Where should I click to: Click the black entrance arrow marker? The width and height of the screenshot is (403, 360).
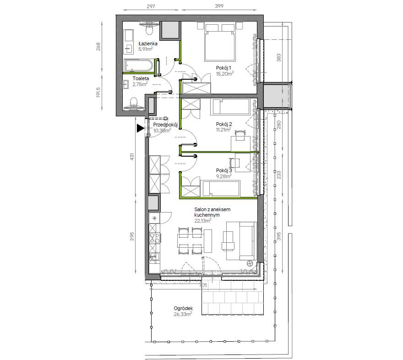pyautogui.click(x=140, y=128)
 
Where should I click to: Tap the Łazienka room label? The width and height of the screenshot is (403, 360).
pyautogui.click(x=148, y=44)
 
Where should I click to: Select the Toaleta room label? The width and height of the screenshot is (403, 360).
pyautogui.click(x=141, y=78)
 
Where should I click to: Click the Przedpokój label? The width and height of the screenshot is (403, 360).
pyautogui.click(x=165, y=125)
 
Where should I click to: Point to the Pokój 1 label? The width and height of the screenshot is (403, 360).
pyautogui.click(x=223, y=68)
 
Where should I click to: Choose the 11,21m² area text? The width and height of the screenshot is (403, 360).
pyautogui.click(x=223, y=130)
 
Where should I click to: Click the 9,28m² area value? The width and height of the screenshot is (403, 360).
pyautogui.click(x=223, y=176)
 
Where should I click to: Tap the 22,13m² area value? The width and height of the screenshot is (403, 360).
pyautogui.click(x=203, y=220)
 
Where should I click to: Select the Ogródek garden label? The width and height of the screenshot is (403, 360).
pyautogui.click(x=183, y=308)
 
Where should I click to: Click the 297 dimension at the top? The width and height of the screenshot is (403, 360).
pyautogui.click(x=151, y=6)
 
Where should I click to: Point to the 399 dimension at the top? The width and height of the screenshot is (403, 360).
pyautogui.click(x=219, y=6)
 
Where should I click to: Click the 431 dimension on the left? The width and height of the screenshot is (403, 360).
pyautogui.click(x=131, y=157)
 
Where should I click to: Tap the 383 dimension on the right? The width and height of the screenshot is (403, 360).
pyautogui.click(x=279, y=58)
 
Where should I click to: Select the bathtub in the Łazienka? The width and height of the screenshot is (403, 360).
pyautogui.click(x=138, y=65)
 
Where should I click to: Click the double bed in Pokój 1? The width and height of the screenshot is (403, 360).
pyautogui.click(x=220, y=43)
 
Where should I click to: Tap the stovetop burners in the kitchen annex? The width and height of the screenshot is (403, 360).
pyautogui.click(x=155, y=238)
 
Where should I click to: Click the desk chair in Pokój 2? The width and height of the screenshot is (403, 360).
pyautogui.click(x=240, y=135)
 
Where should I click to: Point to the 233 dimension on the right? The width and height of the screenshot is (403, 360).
pyautogui.click(x=279, y=175)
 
